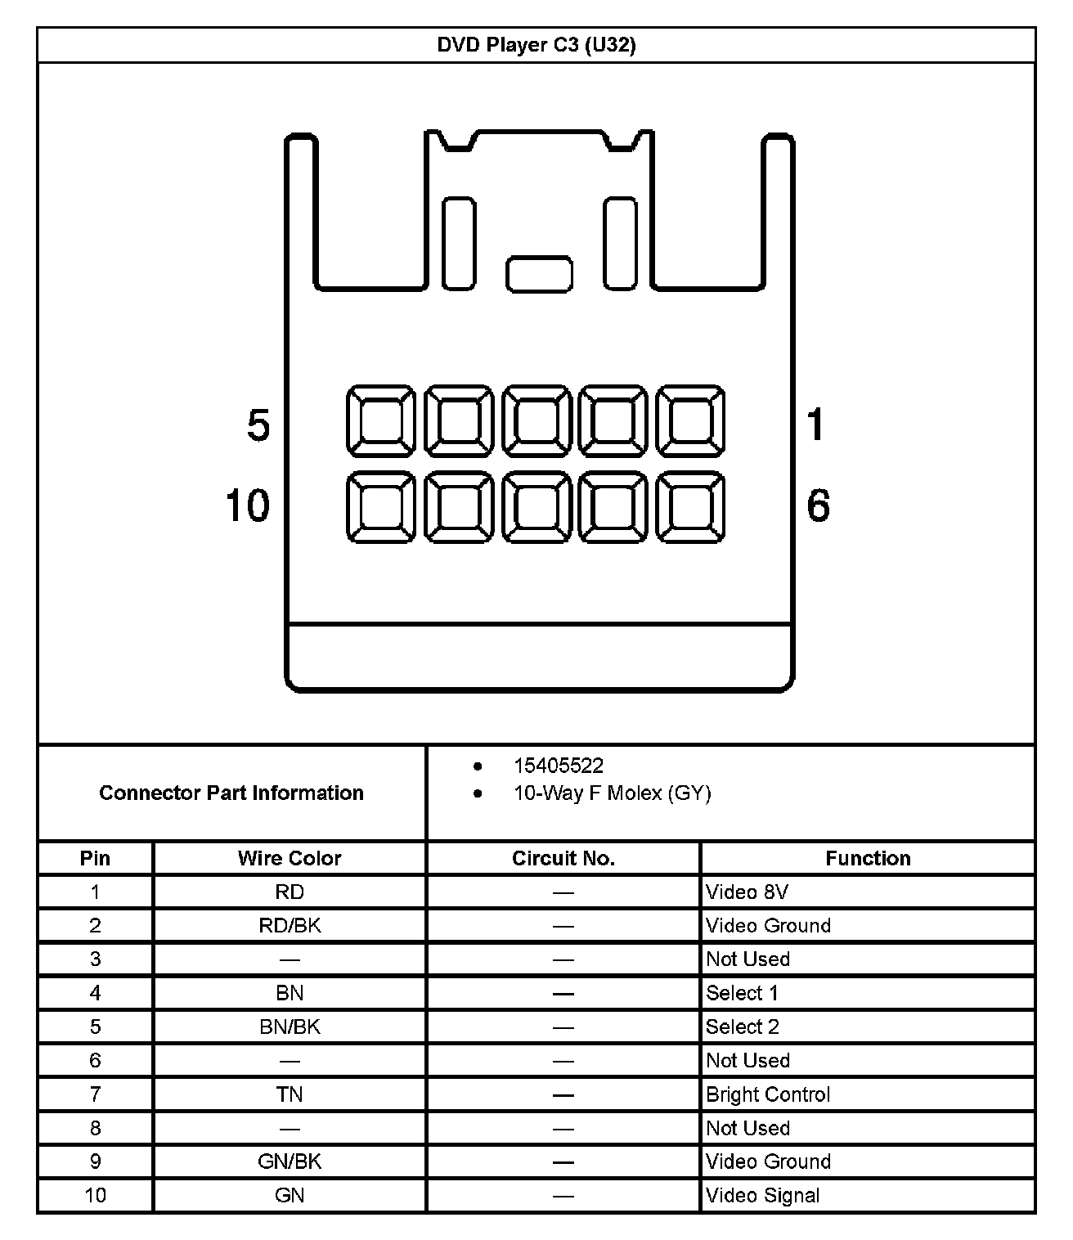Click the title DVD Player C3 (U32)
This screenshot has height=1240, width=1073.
click(536, 45)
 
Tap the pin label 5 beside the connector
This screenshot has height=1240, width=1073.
click(258, 426)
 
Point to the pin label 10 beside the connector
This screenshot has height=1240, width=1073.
click(247, 505)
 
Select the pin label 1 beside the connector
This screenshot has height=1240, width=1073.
click(815, 425)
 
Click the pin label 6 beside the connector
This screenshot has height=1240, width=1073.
click(818, 505)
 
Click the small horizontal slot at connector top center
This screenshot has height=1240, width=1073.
click(539, 274)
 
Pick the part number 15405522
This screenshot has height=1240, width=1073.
click(559, 766)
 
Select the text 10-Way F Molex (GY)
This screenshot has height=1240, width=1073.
click(612, 793)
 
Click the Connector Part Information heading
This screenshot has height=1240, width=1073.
click(231, 793)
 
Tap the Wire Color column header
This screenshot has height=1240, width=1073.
click(290, 858)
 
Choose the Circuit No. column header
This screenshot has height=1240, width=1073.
click(563, 858)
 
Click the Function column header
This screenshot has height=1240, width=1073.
click(868, 858)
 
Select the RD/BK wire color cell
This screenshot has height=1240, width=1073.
click(290, 925)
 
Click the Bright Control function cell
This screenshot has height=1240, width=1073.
click(768, 1094)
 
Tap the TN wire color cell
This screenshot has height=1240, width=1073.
click(290, 1094)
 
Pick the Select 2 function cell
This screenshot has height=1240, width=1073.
click(743, 1027)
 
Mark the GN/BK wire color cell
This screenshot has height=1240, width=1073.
click(290, 1161)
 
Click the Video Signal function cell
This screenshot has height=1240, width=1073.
click(762, 1195)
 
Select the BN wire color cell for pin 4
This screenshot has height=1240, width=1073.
click(290, 993)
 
